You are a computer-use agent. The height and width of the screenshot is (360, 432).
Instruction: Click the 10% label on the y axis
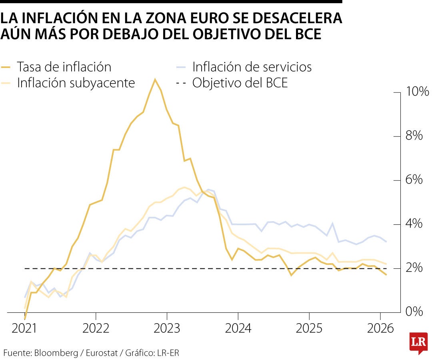coord(417,92)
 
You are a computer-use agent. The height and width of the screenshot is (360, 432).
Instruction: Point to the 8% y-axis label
coord(414,136)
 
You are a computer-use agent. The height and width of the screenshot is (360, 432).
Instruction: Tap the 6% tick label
coord(414,180)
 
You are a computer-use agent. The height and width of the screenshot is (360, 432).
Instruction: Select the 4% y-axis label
coord(414,224)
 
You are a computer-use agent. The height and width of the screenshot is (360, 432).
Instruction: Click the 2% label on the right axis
coord(414,268)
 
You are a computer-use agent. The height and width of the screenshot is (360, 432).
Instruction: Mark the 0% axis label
coord(414,312)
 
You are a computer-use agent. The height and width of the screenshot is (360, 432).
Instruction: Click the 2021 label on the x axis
coord(25,329)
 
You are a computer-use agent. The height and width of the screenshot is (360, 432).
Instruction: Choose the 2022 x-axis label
coord(96,329)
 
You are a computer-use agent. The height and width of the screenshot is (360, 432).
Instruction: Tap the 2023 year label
coord(167,329)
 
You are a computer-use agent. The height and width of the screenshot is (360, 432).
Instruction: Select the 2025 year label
coord(309,329)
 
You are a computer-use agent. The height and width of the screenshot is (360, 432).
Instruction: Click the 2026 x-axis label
coord(380,329)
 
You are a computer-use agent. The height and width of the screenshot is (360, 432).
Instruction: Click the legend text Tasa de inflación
coord(64,67)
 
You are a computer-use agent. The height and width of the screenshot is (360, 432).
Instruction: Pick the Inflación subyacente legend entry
coord(76,83)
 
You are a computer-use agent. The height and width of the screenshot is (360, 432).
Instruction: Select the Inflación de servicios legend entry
coord(252,67)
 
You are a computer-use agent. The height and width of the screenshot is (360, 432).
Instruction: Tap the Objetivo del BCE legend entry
coord(240,83)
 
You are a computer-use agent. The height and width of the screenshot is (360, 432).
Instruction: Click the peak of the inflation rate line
coord(155,79)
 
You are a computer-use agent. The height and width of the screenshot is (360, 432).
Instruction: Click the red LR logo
coord(418,342)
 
